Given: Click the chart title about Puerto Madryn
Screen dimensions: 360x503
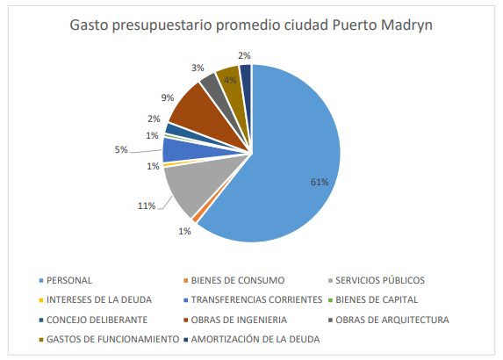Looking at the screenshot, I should pos(250,25).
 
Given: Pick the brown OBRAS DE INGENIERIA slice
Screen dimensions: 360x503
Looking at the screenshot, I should pos(193,105).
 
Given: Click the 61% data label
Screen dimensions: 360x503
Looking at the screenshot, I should pos(320,183).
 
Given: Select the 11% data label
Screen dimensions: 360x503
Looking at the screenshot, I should pos(145,205).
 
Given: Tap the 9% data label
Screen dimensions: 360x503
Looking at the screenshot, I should pos(167,97).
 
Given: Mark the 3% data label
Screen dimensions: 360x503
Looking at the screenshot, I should pos(198,68).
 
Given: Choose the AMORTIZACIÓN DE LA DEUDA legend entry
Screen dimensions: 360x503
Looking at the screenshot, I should pos(255,339).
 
